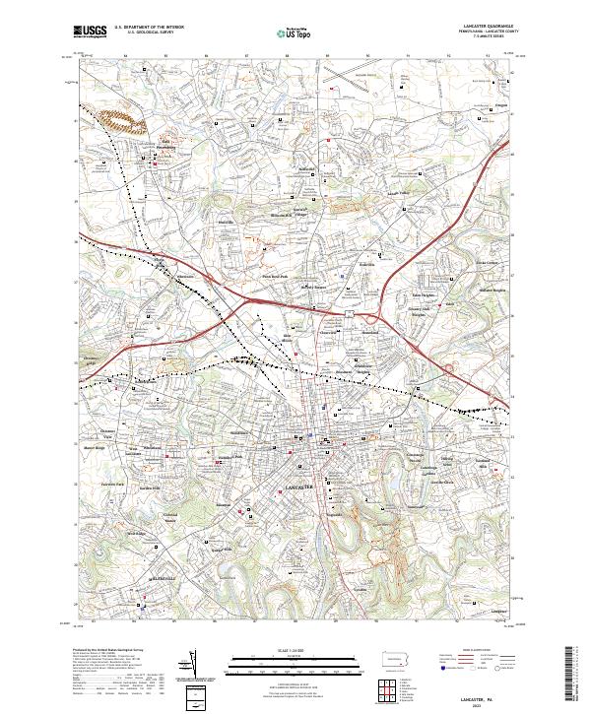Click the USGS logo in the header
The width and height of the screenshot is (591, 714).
pyautogui.click(x=91, y=32)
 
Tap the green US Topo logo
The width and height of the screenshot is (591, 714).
pyautogui.click(x=296, y=32)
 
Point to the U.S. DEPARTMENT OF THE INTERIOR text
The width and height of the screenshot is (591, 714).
pyautogui.click(x=148, y=28)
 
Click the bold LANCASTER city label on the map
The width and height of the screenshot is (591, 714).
pyautogui.click(x=298, y=487)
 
